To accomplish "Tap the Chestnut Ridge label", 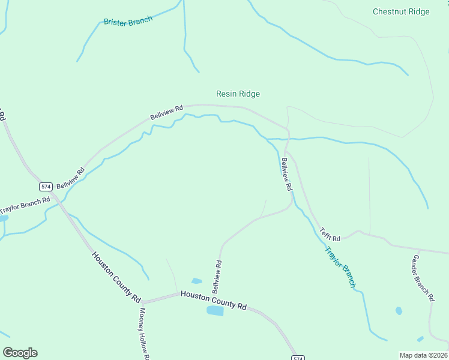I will tap(401, 11).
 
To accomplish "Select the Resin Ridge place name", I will tap(238, 94).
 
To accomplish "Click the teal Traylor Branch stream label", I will tap(340, 267).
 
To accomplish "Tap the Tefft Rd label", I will tap(330, 234).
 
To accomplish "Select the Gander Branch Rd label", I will tap(423, 277).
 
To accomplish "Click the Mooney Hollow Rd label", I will tap(143, 333).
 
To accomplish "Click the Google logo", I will tap(20, 353).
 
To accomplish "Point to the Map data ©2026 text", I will tap(424, 355).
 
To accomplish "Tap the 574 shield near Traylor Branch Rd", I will tap(47, 185).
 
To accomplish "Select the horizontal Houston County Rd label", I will tap(214, 300).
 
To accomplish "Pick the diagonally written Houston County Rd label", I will tap(116, 276).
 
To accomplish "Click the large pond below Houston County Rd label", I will tap(215, 311).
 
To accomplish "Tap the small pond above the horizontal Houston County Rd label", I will tap(196, 280).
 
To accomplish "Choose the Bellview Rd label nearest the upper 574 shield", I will tap(71, 178).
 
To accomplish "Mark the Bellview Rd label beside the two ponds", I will tap(217, 276).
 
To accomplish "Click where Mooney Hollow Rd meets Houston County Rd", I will tap(143, 301).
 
